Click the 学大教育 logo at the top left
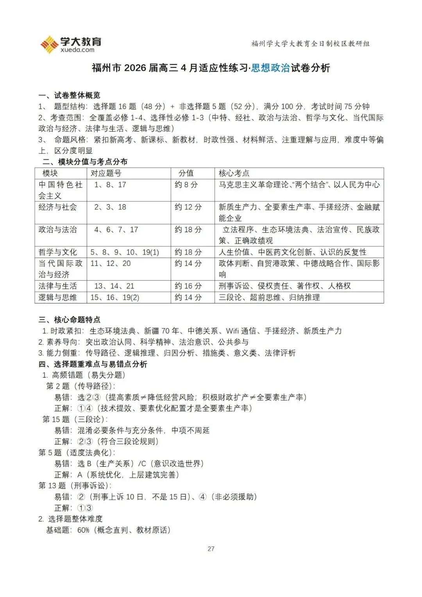coord(71,44)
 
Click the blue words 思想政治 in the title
coord(270,68)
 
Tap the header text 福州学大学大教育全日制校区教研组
coord(310,44)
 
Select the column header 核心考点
coord(234,173)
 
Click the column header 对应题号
coord(106,173)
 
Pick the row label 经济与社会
coord(57,207)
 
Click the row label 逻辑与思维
coord(57,298)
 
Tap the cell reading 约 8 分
coord(186,185)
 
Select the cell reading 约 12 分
coord(188,207)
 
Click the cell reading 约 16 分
coord(188,286)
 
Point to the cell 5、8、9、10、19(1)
coord(125,252)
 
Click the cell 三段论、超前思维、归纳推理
coord(269,298)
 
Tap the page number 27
coord(211,549)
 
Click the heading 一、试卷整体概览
coord(69,95)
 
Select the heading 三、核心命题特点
coord(69,320)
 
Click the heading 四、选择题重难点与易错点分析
coord(93,364)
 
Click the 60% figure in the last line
coord(83,531)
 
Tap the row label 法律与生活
coord(57,286)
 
